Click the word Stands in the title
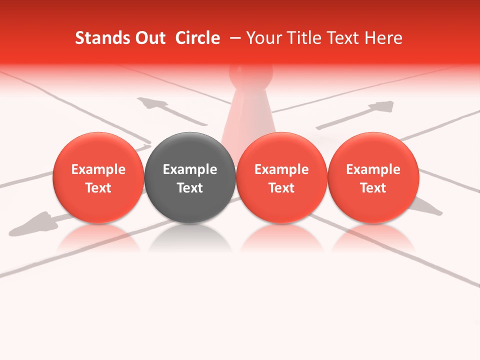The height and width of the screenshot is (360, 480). (x=101, y=38)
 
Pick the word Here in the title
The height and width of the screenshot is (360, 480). (x=383, y=38)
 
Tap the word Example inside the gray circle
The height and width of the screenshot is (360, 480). (x=190, y=169)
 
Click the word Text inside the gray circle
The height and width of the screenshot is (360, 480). (x=190, y=188)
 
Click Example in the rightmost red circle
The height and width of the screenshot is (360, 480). (x=373, y=169)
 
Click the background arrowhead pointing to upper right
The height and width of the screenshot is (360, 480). (x=383, y=106)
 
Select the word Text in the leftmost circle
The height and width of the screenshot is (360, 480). (x=98, y=188)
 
